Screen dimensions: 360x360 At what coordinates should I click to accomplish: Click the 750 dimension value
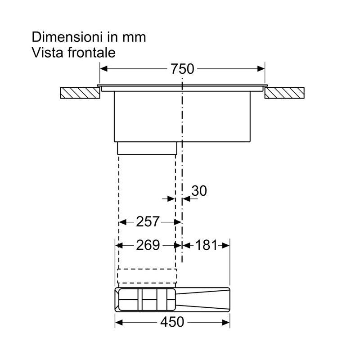[x=182, y=69]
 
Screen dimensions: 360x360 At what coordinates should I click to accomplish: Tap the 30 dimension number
[x=199, y=190]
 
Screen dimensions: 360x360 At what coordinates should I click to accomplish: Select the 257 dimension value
[x=148, y=221]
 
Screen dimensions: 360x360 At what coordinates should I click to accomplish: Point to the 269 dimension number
[x=148, y=245]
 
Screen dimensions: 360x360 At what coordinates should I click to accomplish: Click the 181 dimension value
[x=206, y=245]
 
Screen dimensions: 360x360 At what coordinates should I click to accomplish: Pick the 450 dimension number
[x=172, y=322]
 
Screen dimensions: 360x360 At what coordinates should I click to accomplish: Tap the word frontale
[x=91, y=53]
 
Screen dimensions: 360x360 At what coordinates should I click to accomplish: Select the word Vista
[x=47, y=53]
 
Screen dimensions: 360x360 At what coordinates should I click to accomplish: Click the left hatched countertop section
[x=80, y=93]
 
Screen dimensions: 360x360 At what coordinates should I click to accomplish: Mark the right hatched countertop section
[x=284, y=93]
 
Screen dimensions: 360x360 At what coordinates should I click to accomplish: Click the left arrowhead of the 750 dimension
[x=104, y=69]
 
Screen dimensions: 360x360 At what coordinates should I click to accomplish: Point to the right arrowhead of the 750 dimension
[x=261, y=69]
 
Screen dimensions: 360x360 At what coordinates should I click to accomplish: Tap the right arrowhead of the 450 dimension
[x=226, y=323]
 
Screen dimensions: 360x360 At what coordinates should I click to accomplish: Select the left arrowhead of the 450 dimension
[x=119, y=323]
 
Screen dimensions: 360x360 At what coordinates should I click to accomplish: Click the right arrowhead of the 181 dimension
[x=226, y=246]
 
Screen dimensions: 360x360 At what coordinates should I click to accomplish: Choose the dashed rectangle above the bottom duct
[x=147, y=276]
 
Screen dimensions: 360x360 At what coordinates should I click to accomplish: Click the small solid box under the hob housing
[x=147, y=148]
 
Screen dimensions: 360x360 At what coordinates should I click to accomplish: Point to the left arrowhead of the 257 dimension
[x=123, y=222]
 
